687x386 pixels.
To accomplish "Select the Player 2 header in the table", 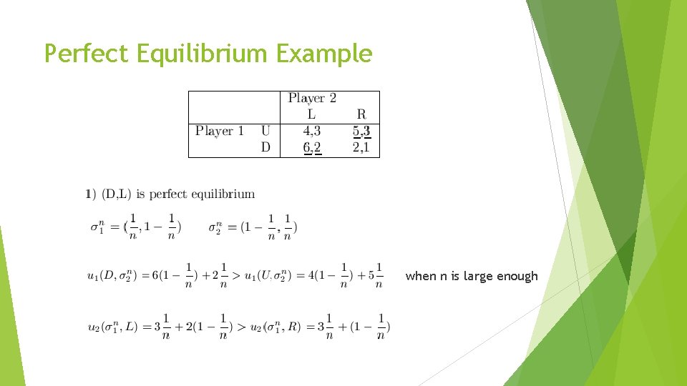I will pyautogui.click(x=312, y=98).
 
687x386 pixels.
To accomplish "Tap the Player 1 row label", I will pyautogui.click(x=220, y=131).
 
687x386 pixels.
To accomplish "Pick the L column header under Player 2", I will pyautogui.click(x=311, y=114).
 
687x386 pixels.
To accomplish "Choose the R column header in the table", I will pyautogui.click(x=361, y=114).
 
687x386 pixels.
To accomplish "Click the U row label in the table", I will pyautogui.click(x=265, y=131).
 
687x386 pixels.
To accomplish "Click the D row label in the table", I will pyautogui.click(x=265, y=147).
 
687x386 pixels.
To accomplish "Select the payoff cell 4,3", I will pyautogui.click(x=311, y=131).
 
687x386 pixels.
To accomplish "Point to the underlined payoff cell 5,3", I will pyautogui.click(x=361, y=131).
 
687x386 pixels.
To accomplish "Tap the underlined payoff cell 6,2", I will pyautogui.click(x=311, y=147).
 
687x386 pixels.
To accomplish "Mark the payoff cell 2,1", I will pyautogui.click(x=361, y=147).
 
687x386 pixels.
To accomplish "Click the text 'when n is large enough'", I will pyautogui.click(x=472, y=276).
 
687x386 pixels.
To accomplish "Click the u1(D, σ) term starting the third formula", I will pyautogui.click(x=113, y=275).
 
